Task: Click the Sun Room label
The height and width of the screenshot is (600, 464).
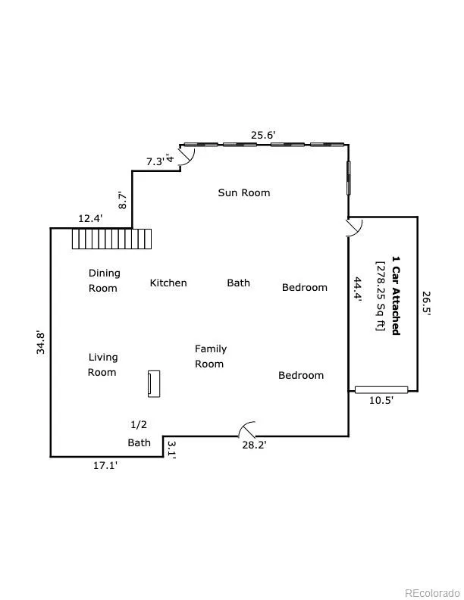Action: point(243,192)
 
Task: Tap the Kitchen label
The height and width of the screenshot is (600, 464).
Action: point(168,283)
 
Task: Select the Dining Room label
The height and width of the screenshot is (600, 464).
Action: point(104,280)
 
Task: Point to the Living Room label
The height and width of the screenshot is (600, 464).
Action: point(102,364)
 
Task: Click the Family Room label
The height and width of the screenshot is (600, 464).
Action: point(210,356)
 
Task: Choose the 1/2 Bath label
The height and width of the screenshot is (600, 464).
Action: point(139,433)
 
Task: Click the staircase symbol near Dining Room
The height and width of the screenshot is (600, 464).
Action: point(111,239)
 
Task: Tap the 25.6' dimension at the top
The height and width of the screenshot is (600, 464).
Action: point(263,135)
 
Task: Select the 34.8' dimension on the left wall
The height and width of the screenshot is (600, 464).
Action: point(42,342)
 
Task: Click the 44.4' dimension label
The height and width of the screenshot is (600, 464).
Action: point(358,289)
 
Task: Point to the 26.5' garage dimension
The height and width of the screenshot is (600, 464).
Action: point(426,307)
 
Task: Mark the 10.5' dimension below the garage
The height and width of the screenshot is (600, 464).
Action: point(381,401)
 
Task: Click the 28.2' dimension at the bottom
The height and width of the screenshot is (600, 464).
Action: point(253,445)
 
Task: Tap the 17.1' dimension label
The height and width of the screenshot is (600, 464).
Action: point(105,466)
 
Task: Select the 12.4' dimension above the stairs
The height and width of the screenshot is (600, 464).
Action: point(90,218)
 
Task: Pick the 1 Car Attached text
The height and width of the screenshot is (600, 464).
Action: point(395,295)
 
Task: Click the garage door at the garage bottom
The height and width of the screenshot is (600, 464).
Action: point(381,389)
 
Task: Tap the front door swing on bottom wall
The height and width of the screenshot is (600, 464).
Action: point(247,430)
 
